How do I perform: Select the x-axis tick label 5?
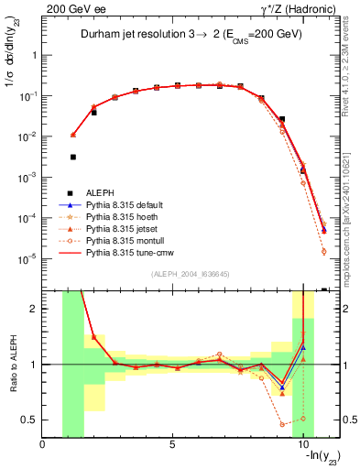pyautogui.click(x=172, y=446)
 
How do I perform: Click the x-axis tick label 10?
pyautogui.click(x=301, y=446)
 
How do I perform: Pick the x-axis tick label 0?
pyautogui.click(x=43, y=446)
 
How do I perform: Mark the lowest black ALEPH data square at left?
pyautogui.click(x=73, y=157)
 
